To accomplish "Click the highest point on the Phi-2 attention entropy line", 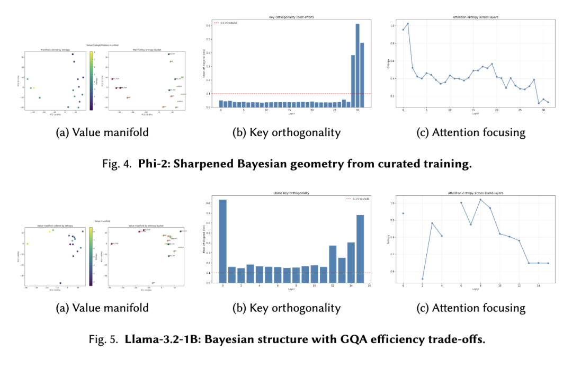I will click(408, 24).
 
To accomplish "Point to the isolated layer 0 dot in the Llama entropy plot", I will click(403, 213).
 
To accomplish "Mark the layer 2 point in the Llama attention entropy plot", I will click(422, 279).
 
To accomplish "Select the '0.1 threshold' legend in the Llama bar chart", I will click(355, 199).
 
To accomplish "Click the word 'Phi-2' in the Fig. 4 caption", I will click(151, 164).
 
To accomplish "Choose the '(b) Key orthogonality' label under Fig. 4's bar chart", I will click(286, 133).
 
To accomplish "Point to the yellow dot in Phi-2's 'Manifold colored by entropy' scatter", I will click(34, 88).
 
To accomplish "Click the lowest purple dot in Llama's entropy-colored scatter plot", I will click(60, 283).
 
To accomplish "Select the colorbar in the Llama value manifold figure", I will click(90, 256).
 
